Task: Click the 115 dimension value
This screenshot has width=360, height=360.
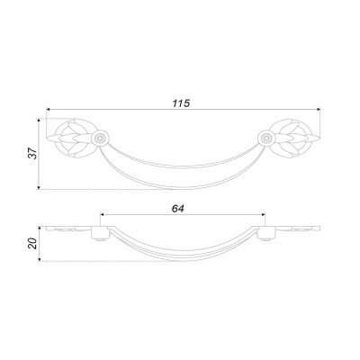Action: (181, 103)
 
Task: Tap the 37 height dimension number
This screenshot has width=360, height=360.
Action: (32, 154)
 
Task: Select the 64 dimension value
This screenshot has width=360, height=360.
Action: (178, 209)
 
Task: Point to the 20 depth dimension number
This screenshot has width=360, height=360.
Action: (32, 243)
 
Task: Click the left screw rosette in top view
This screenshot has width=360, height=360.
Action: (100, 138)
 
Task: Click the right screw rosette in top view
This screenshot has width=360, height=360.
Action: (266, 138)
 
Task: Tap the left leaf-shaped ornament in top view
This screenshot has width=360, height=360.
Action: (69, 138)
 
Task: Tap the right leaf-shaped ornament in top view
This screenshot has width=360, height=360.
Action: (297, 138)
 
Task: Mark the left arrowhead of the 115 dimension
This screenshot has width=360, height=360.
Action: (49, 109)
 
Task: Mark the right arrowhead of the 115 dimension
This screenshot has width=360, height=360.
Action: (318, 109)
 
